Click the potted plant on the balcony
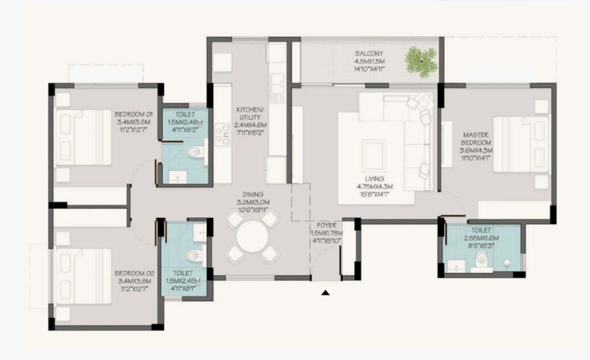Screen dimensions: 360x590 pos(421,60)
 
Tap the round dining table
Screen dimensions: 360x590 pos(252,236)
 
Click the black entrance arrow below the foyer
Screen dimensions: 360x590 pos(326,293)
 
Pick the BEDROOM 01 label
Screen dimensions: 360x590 pos(133,113)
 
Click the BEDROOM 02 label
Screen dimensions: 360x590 pos(133,273)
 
